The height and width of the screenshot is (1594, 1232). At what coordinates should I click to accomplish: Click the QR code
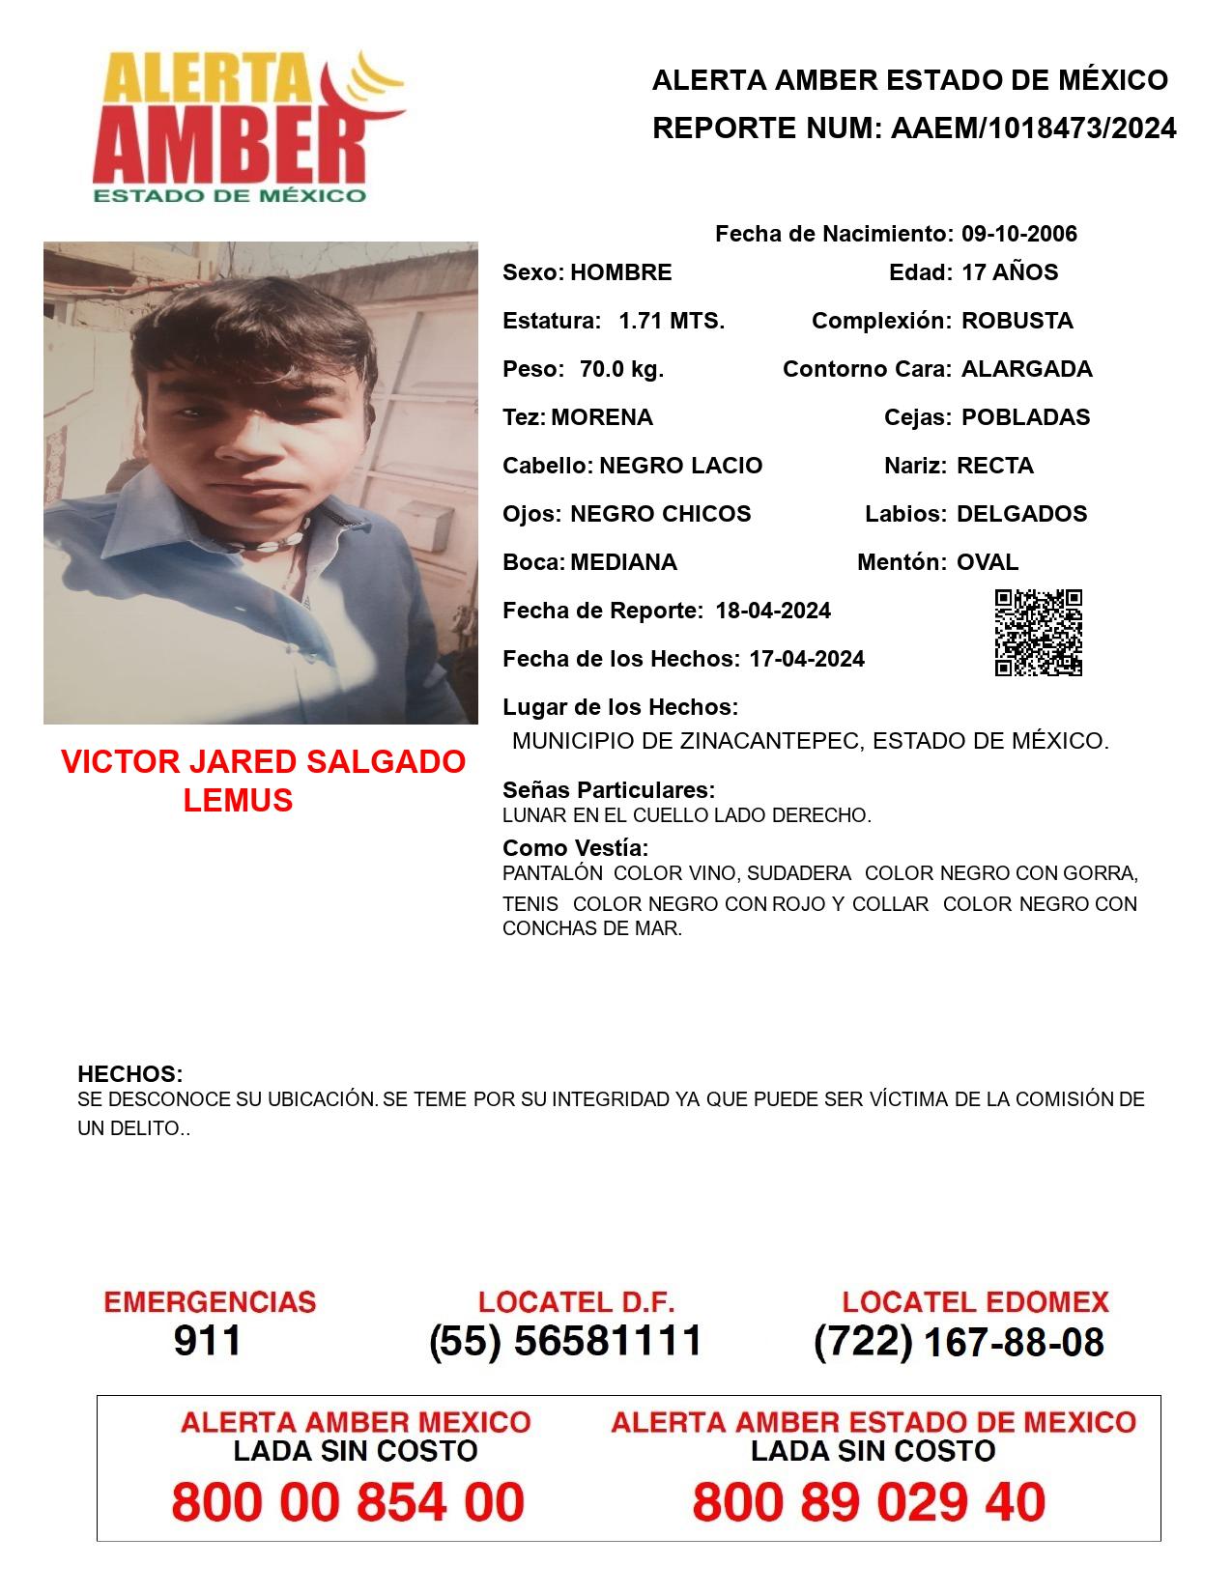[x=1039, y=633]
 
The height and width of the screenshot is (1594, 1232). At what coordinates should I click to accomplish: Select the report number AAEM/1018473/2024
[x=1033, y=128]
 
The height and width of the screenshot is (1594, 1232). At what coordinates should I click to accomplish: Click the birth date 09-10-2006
[x=1019, y=234]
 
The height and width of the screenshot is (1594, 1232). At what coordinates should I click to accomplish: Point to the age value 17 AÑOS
[x=1010, y=272]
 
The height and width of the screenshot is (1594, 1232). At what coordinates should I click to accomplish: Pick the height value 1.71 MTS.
[x=672, y=321]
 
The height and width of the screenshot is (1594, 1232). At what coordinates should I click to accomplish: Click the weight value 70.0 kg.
[x=621, y=369]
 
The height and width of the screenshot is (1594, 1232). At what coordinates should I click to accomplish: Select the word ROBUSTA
[x=1017, y=321]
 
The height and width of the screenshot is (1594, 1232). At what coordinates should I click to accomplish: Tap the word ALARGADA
[x=1026, y=369]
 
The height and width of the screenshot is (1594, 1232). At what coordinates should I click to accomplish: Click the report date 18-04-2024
[x=773, y=611]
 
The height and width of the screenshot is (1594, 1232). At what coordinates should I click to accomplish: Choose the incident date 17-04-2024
[x=807, y=659]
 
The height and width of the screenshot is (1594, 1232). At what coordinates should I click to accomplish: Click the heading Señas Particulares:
[x=609, y=790]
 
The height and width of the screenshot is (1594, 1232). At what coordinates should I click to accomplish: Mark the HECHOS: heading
[x=130, y=1074]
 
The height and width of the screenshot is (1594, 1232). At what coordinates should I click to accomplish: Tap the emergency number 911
[x=208, y=1341]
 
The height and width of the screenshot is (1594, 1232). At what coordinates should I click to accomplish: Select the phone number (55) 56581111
[x=565, y=1341]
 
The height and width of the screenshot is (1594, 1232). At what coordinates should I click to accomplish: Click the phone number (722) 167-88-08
[x=959, y=1342]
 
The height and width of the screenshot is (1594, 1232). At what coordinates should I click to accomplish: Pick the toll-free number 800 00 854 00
[x=348, y=1502]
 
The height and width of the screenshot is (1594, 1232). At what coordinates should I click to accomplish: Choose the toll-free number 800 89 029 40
[x=869, y=1502]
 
